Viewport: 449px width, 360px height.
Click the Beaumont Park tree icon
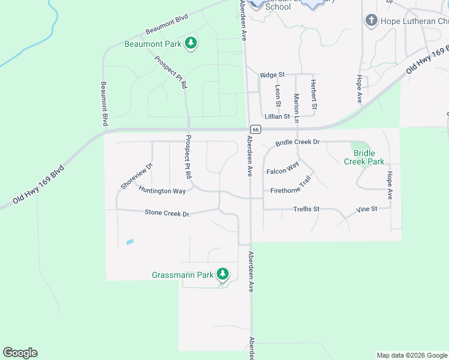[x=191, y=43]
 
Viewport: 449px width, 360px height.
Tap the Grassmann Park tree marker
[x=223, y=275]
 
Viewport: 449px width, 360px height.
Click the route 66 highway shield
[x=255, y=129]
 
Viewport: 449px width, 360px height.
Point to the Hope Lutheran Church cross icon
[x=371, y=21]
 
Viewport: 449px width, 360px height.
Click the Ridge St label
[x=272, y=75]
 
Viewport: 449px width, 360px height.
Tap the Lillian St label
[x=277, y=116]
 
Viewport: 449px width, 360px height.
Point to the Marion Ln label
[x=296, y=104]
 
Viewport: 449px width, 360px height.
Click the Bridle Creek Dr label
[x=298, y=143]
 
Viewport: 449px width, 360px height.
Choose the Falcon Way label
[x=283, y=170]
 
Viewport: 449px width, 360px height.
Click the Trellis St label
[x=306, y=209]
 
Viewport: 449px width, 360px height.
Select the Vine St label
[x=366, y=209]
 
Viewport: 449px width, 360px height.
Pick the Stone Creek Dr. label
[x=167, y=213]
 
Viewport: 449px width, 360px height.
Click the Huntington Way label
[x=162, y=191]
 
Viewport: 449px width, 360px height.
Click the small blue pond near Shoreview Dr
[x=130, y=242]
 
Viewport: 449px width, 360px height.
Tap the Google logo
[x=20, y=353]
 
